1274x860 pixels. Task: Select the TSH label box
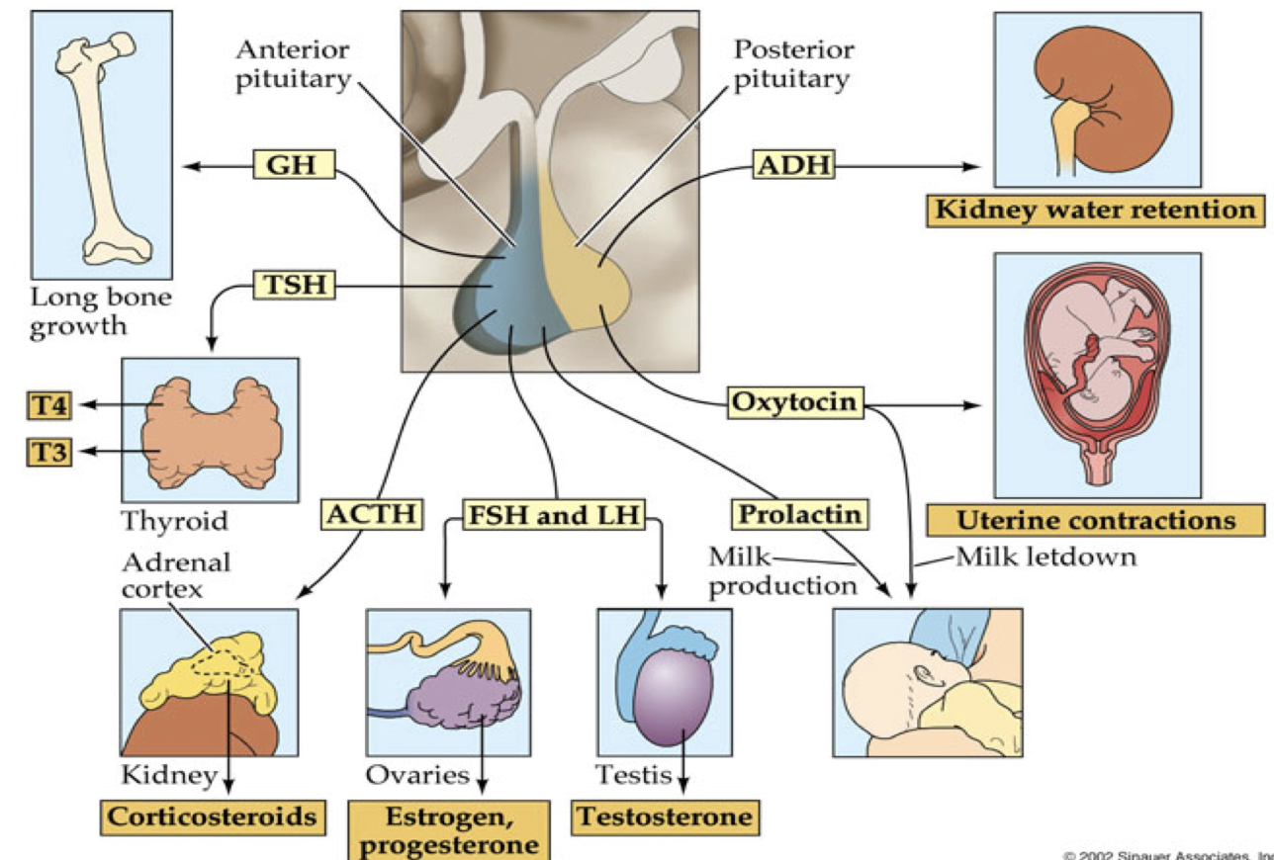[x=295, y=286]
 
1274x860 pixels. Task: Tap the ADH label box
[x=793, y=165]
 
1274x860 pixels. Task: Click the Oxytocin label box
[x=794, y=403]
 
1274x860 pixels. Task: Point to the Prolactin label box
[x=797, y=514]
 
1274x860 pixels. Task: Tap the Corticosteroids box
[x=213, y=817]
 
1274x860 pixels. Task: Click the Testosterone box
[x=664, y=817]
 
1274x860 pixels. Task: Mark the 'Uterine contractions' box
[x=1095, y=521]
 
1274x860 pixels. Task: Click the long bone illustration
[x=100, y=143]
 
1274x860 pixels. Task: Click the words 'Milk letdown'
[x=1046, y=558]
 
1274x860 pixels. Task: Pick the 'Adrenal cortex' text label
[x=176, y=575]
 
